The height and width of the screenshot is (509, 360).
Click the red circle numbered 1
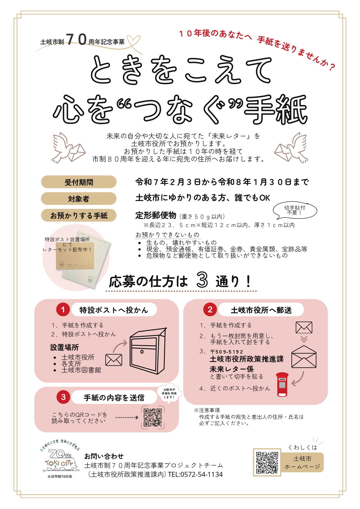click(x=63, y=310)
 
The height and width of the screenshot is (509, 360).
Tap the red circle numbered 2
click(x=210, y=309)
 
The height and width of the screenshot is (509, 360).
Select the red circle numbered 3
click(x=63, y=397)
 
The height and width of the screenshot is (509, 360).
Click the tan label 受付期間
click(x=79, y=182)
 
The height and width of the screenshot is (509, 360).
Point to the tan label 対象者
click(x=79, y=199)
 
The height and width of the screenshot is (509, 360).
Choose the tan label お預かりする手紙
click(x=79, y=215)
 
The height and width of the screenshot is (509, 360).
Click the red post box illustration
click(x=282, y=385)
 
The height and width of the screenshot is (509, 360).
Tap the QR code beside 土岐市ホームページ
click(x=267, y=462)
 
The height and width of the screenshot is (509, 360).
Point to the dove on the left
click(x=68, y=148)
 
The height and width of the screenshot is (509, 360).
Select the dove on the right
click(x=291, y=148)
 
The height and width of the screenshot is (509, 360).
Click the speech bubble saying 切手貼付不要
click(x=295, y=211)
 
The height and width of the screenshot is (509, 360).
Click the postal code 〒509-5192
click(x=227, y=352)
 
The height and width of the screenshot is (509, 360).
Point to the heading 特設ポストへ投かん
click(x=114, y=310)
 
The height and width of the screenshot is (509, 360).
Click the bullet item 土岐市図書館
click(x=81, y=370)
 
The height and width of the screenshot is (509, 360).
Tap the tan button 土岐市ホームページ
click(x=302, y=462)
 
